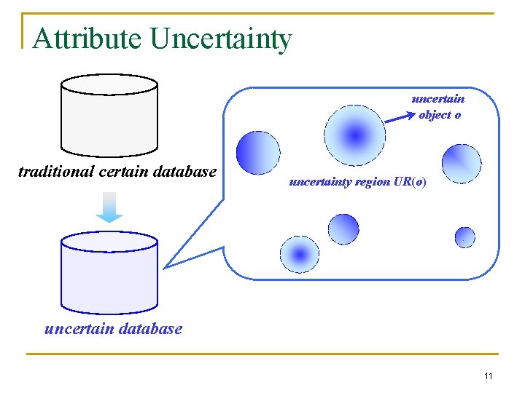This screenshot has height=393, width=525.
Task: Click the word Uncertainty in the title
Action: pos(221,39)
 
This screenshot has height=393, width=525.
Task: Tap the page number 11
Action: pos(488,376)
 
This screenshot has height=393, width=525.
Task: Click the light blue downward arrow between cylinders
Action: pos(109,206)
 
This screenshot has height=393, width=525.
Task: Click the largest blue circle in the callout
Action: pos(354,135)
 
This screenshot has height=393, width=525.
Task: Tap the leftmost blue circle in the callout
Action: pos(258,153)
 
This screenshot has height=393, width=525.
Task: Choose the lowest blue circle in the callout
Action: pos(300,254)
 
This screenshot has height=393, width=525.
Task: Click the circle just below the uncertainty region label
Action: pos(343,229)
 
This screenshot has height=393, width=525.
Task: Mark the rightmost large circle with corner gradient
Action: pos(462,164)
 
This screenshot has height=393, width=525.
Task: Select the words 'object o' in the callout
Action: pos(440,115)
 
